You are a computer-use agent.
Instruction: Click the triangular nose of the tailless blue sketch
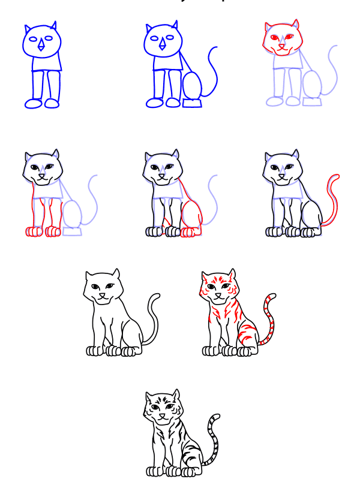coord(42,46)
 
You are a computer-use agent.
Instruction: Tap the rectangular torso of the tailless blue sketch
coord(44,63)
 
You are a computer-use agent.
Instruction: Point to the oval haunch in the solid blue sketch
coord(192,85)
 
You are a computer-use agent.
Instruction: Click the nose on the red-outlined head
coord(281,47)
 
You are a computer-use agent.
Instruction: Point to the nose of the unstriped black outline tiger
coord(103,294)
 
